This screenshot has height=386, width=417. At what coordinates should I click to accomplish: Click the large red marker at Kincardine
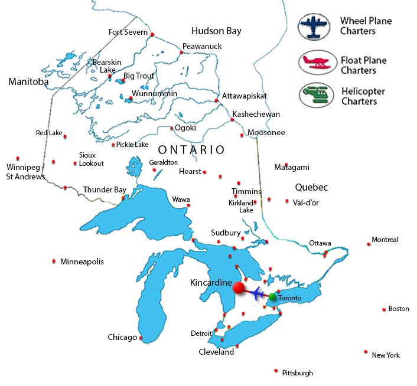coord(239,288)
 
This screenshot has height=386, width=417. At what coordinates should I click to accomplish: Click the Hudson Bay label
coord(216,31)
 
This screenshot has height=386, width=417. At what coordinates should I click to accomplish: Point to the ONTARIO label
coord(191,150)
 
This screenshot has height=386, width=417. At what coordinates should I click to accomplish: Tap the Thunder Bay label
coord(105,189)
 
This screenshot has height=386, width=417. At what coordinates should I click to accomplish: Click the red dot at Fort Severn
coord(152,35)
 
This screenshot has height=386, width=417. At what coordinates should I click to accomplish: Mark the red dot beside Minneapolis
coord(54,261)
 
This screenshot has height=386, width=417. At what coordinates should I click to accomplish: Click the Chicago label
coord(122,338)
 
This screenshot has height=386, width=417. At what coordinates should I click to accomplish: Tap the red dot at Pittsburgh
coord(275,371)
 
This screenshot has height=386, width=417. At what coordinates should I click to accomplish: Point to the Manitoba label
coord(28,82)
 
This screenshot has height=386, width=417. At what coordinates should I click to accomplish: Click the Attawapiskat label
coord(245,96)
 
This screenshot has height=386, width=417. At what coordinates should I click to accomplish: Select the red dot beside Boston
coord(383,309)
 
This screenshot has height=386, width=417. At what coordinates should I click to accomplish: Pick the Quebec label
coord(311,187)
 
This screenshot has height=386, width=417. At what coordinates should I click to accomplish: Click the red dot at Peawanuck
coord(181,53)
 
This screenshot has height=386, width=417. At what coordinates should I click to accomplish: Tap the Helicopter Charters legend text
coord(363,96)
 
